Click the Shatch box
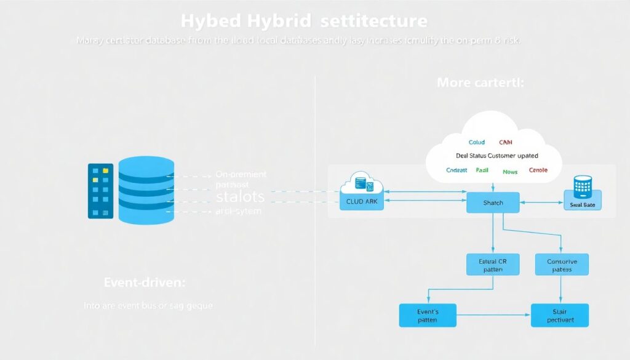coord(493,202)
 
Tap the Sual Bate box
coord(582,204)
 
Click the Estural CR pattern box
coord(492,265)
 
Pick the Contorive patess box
coord(562,265)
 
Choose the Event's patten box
coord(428,315)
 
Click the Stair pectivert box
coord(560,315)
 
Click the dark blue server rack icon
coord(101,190)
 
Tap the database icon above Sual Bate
coord(582,186)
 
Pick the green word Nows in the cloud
coord(510,172)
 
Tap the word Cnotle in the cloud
coord(538,170)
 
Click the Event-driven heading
coord(145,282)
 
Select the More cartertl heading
coord(480,82)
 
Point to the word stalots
coord(241,198)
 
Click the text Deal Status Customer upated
coord(496,156)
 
